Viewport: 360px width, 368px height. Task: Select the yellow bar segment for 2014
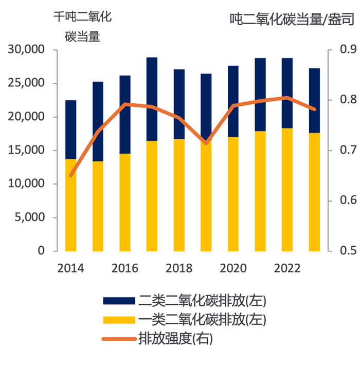70,205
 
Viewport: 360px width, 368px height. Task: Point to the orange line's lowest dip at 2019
206,143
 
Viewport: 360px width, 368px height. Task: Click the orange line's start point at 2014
70,176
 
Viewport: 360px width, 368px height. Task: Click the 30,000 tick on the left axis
27,50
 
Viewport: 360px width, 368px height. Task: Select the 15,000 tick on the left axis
27,150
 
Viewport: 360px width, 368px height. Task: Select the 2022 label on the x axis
287,268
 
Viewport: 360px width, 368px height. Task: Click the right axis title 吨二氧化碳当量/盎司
292,20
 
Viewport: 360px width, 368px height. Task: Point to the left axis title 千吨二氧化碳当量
82,26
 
